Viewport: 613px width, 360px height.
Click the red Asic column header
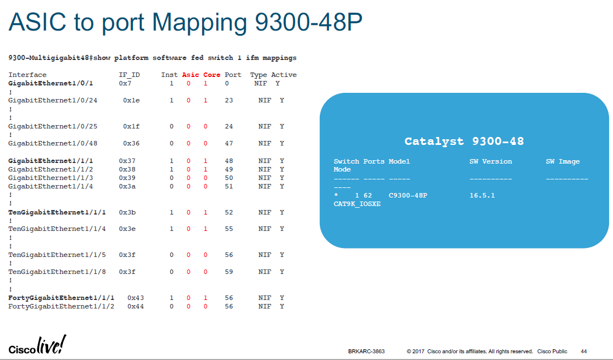[x=190, y=75]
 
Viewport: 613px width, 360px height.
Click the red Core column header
[x=212, y=75]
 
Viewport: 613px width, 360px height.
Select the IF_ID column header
[x=129, y=75]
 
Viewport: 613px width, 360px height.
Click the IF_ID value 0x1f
[x=131, y=126]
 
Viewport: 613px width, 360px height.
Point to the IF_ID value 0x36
[x=131, y=144]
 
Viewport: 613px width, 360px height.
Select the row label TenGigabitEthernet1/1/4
[x=57, y=229]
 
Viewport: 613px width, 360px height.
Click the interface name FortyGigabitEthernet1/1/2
[x=61, y=306]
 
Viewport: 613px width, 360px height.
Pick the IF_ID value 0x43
[x=135, y=298]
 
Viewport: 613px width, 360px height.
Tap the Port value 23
[x=229, y=101]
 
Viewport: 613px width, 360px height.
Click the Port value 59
[x=229, y=272]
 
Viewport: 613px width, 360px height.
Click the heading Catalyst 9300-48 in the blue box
[x=464, y=142]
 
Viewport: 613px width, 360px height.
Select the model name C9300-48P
[x=408, y=195]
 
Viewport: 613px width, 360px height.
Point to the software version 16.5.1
[x=482, y=195]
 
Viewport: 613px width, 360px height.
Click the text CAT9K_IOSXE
[x=357, y=204]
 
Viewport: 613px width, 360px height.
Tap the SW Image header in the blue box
[x=563, y=161]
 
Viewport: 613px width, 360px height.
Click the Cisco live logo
[x=37, y=345]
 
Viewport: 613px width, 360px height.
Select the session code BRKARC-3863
[x=366, y=352]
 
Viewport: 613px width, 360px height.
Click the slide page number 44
[x=584, y=352]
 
